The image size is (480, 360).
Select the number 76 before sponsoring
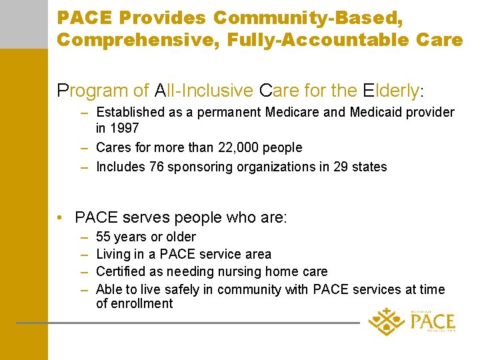click(155, 167)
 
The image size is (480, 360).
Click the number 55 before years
click(104, 237)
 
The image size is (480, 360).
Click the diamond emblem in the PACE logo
click(386, 321)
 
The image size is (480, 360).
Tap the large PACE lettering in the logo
click(433, 322)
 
